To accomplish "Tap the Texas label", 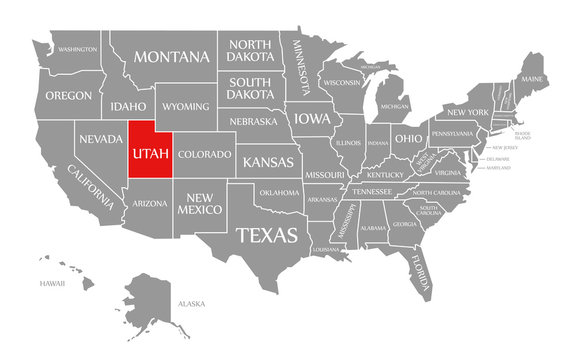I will click(x=266, y=235).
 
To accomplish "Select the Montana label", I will click(x=172, y=56).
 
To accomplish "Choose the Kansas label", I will click(x=269, y=161).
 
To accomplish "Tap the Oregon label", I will click(x=69, y=96).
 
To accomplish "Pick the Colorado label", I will click(x=205, y=155).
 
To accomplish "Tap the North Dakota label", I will click(x=250, y=50).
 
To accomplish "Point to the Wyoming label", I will click(x=185, y=106).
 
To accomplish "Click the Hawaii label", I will click(x=52, y=284).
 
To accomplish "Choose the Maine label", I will click(x=532, y=79).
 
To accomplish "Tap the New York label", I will click(x=466, y=111).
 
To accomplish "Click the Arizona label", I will click(x=150, y=203).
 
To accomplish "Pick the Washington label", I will click(x=77, y=49).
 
